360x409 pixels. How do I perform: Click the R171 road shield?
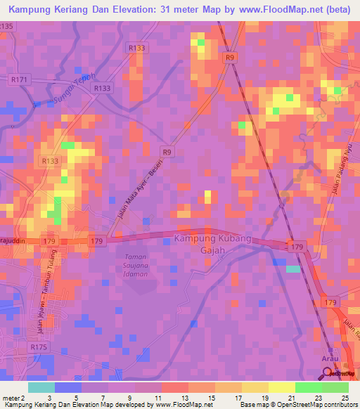(x=19, y=80)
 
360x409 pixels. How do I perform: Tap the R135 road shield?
(x=6, y=26)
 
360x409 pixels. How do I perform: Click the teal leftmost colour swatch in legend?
(x=41, y=387)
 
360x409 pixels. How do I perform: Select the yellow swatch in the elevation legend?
(x=281, y=387)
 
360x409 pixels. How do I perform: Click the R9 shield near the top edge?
(x=230, y=60)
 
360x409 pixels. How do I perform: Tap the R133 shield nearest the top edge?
(x=137, y=47)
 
